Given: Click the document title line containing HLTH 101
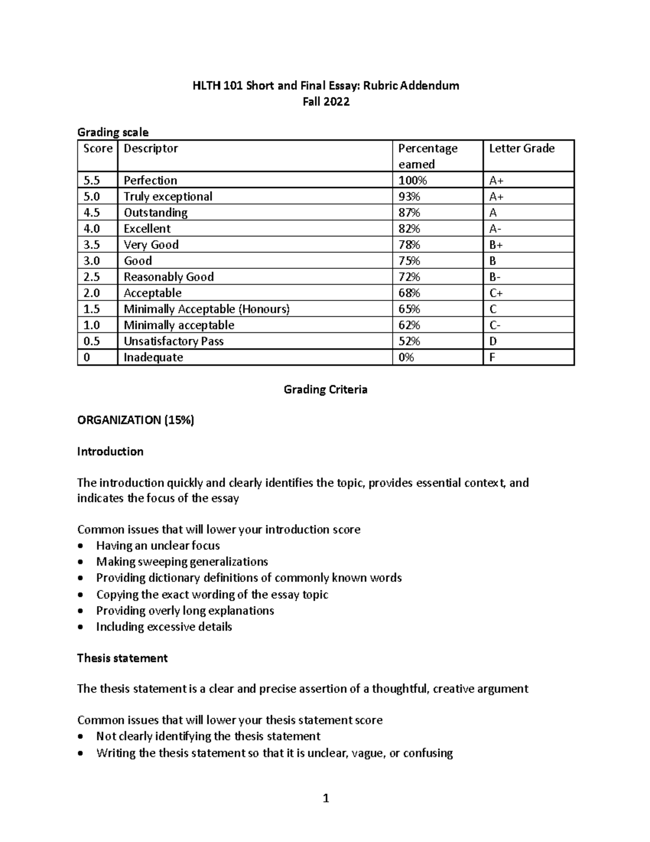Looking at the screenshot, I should (326, 86).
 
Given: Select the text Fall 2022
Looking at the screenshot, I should (326, 101).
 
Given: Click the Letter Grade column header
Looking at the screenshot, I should (521, 149).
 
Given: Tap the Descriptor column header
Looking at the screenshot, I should (151, 149).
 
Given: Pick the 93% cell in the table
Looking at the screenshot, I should (409, 196).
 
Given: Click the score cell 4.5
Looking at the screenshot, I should (92, 213).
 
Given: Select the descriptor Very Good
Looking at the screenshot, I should (151, 245).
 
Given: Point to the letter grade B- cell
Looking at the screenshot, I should (495, 277).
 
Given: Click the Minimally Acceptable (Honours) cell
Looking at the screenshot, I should (206, 309).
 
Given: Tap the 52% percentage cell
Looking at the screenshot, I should (409, 341).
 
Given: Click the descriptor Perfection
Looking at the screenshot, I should (150, 181).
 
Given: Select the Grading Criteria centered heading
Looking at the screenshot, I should (326, 389).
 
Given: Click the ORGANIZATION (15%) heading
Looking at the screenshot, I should (135, 420).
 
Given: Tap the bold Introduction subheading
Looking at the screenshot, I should (110, 452).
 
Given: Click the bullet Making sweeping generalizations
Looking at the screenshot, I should (182, 562).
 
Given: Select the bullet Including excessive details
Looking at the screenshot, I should (164, 627).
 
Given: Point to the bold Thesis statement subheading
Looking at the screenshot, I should (122, 658).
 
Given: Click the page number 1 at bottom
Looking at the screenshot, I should (326, 798).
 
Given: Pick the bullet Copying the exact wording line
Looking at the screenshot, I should (212, 595).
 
